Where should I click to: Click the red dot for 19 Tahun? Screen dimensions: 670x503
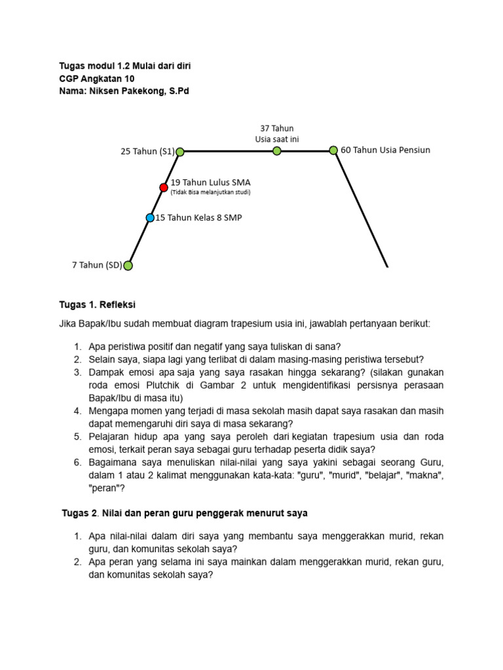[164, 187]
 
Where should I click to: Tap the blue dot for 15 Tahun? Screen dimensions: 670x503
[150, 218]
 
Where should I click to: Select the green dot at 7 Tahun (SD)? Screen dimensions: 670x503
[128, 266]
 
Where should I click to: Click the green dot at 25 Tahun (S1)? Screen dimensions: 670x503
[180, 152]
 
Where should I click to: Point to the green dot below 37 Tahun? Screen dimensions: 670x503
[276, 151]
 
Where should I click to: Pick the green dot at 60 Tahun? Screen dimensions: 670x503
[333, 150]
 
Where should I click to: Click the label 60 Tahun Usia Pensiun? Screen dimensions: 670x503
[385, 150]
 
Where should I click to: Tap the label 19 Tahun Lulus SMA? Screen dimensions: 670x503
[210, 182]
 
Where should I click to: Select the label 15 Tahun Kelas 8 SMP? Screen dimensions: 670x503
[198, 218]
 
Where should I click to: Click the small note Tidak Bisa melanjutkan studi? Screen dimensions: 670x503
[210, 193]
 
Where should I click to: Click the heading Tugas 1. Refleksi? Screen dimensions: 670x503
[97, 305]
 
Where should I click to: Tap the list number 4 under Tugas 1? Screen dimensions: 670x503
[77, 411]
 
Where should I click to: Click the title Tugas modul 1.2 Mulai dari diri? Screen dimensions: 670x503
[125, 66]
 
